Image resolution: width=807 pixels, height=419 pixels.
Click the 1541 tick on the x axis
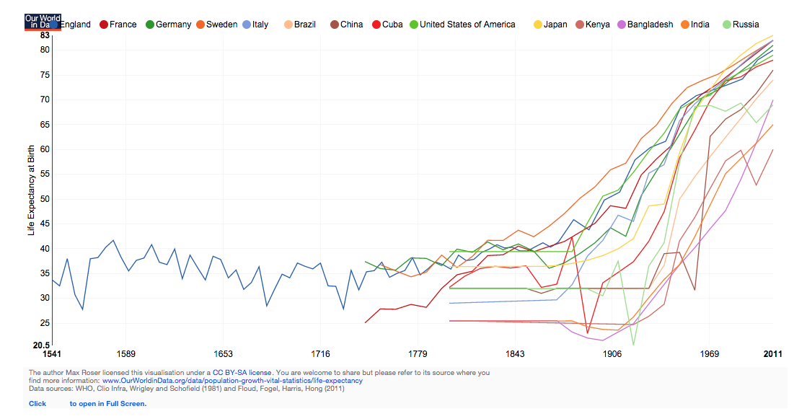tap(53, 353)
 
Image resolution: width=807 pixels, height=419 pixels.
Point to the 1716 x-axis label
tap(321, 353)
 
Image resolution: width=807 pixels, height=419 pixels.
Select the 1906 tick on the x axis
tap(613, 353)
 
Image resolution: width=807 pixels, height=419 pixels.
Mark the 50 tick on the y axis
tap(45, 199)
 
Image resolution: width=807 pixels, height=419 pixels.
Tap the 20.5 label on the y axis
tap(41, 345)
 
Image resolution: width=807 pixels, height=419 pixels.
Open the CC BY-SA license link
tap(242, 373)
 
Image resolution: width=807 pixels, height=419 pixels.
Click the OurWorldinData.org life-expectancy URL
tap(232, 381)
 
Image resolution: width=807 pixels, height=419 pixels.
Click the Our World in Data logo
tap(43, 21)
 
